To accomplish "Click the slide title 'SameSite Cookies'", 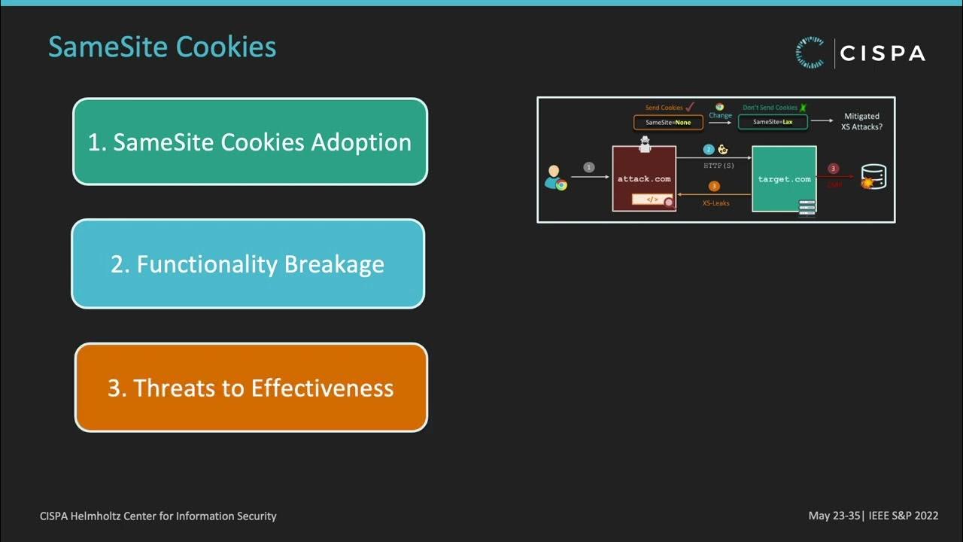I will (x=162, y=47).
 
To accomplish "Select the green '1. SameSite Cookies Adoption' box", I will (x=250, y=142).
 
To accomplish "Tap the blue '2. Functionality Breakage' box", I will (x=248, y=263).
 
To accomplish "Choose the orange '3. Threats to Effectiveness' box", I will (x=251, y=388).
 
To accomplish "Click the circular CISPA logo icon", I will (x=810, y=53).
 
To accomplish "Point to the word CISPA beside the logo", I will (x=882, y=53).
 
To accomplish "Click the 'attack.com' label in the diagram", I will (x=643, y=179).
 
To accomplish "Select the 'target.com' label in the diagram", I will (x=784, y=179).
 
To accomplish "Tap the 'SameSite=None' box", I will (x=668, y=122).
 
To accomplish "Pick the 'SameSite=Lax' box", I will (x=772, y=122).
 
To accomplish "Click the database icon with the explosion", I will (x=873, y=178).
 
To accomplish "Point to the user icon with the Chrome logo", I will (x=555, y=178).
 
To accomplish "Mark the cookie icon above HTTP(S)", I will (x=723, y=150).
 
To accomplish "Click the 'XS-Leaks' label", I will (x=715, y=203).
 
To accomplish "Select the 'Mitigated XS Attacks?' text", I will (x=861, y=122).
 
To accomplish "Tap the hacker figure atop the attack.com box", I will (x=644, y=145).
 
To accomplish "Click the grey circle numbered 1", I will (x=589, y=167).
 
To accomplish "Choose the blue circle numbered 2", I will (x=708, y=150).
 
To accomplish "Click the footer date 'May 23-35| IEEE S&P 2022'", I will (x=873, y=516).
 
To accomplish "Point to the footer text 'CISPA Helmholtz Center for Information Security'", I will (x=158, y=516).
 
